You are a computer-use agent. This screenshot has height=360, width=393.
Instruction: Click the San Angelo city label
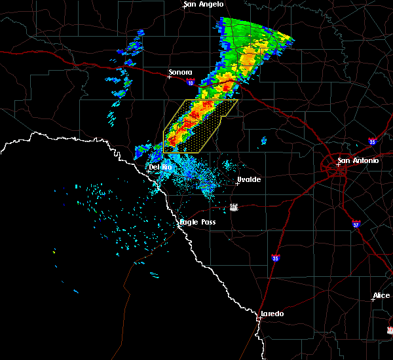click(204, 5)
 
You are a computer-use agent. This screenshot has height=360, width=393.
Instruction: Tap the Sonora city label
click(180, 72)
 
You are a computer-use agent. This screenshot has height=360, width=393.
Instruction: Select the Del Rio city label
click(160, 168)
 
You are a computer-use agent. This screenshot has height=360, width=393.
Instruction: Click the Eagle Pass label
click(198, 223)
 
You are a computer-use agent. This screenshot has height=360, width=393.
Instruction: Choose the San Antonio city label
click(358, 160)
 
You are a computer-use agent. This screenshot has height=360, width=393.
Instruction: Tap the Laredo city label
click(272, 314)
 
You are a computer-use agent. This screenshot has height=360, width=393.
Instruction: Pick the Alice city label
click(381, 296)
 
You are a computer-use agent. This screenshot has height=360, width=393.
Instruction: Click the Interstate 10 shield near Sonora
click(190, 82)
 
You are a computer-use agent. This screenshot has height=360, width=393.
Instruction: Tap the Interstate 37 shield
click(356, 223)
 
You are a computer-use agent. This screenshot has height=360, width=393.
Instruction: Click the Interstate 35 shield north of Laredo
click(276, 258)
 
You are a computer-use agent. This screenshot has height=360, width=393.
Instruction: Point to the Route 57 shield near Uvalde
click(234, 207)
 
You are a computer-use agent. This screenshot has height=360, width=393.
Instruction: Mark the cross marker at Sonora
click(169, 77)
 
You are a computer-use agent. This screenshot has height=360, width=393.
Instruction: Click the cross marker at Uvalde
click(237, 183)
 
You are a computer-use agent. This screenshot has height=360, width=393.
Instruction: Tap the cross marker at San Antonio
click(338, 165)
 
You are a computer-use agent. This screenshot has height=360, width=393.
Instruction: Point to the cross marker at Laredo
click(259, 318)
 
